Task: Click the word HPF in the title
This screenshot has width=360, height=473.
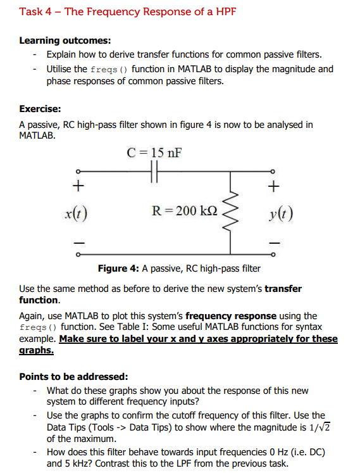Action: coord(223,11)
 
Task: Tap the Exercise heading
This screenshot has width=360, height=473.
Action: coord(40,109)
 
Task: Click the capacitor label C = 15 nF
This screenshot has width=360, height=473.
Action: coord(154,153)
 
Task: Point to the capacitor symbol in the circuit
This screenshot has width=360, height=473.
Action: coord(154,171)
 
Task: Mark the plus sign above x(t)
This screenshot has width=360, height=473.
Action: coord(78,186)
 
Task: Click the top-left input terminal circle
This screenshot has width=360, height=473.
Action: coord(78,171)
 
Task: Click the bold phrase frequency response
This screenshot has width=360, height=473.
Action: coord(230,315)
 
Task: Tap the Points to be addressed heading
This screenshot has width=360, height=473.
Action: coord(73,376)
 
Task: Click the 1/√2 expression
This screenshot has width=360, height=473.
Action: coord(322,427)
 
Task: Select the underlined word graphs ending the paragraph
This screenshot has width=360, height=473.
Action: coord(36,350)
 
